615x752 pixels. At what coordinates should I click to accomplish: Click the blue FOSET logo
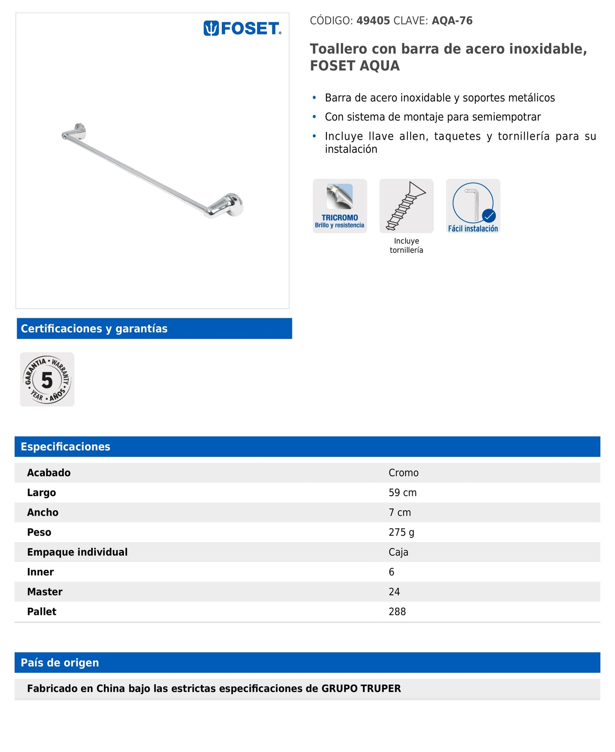tap(242, 29)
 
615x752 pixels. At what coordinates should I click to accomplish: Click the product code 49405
tap(373, 21)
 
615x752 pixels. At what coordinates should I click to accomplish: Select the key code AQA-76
tap(452, 21)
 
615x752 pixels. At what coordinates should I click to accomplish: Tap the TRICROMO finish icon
tap(340, 206)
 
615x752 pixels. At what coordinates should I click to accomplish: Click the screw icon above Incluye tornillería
tap(406, 206)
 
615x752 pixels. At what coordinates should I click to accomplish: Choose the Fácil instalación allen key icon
tap(473, 206)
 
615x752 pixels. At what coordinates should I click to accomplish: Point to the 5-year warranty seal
tap(47, 379)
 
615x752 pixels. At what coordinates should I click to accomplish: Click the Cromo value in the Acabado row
tap(403, 473)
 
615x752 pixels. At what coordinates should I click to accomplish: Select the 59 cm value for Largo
tap(402, 493)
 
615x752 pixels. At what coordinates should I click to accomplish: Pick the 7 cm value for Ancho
tap(400, 512)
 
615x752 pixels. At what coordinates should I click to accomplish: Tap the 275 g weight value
tap(401, 532)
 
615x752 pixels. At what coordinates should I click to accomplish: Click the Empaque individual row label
tap(77, 552)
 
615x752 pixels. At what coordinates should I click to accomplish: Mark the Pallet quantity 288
tap(397, 611)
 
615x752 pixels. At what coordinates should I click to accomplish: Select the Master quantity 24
tap(394, 591)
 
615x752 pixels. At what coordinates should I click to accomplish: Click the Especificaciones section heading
tap(66, 447)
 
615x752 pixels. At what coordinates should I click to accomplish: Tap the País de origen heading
tap(60, 663)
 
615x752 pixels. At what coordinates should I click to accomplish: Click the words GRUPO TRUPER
tap(361, 689)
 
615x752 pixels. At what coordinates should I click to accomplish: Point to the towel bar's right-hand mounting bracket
tap(229, 205)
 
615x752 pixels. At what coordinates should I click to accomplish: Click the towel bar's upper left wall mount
tap(76, 132)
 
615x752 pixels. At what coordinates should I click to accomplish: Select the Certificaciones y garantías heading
tap(94, 328)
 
